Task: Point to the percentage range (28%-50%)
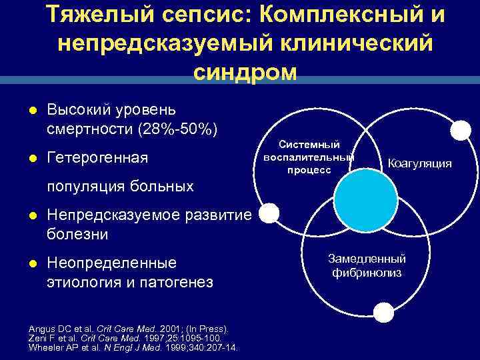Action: [177, 128]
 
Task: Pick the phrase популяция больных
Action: [121, 186]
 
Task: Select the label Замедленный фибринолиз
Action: [367, 265]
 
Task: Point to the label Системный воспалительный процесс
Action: [309, 157]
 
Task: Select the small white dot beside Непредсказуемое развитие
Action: [269, 213]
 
